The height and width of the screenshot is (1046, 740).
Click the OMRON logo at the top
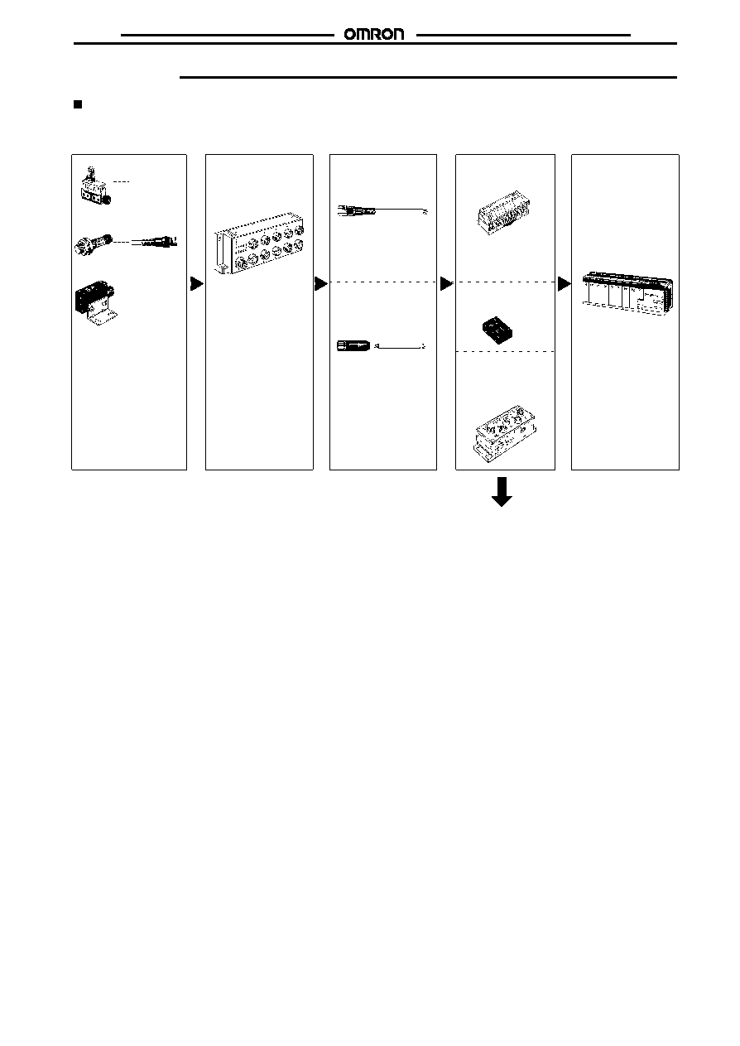(374, 34)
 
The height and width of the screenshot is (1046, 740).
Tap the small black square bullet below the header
(78, 104)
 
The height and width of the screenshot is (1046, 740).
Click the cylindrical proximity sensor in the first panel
(94, 243)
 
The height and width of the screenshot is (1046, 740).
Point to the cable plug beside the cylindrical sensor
(155, 242)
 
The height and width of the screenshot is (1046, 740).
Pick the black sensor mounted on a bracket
(94, 296)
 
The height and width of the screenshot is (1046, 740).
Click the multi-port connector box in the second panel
(259, 243)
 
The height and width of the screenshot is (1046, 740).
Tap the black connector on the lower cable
(353, 346)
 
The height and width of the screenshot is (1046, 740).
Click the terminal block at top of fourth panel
(503, 213)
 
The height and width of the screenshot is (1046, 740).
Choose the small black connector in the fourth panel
(497, 330)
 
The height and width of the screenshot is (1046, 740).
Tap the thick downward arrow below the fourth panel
(502, 492)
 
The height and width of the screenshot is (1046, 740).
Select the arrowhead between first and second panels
(197, 283)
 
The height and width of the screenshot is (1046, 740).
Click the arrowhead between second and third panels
(321, 283)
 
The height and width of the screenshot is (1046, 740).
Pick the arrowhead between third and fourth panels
(446, 283)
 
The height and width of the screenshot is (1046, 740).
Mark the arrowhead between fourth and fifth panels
(564, 283)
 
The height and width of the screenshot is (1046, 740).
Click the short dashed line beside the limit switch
(121, 181)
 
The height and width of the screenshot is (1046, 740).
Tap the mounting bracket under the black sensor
(102, 316)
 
